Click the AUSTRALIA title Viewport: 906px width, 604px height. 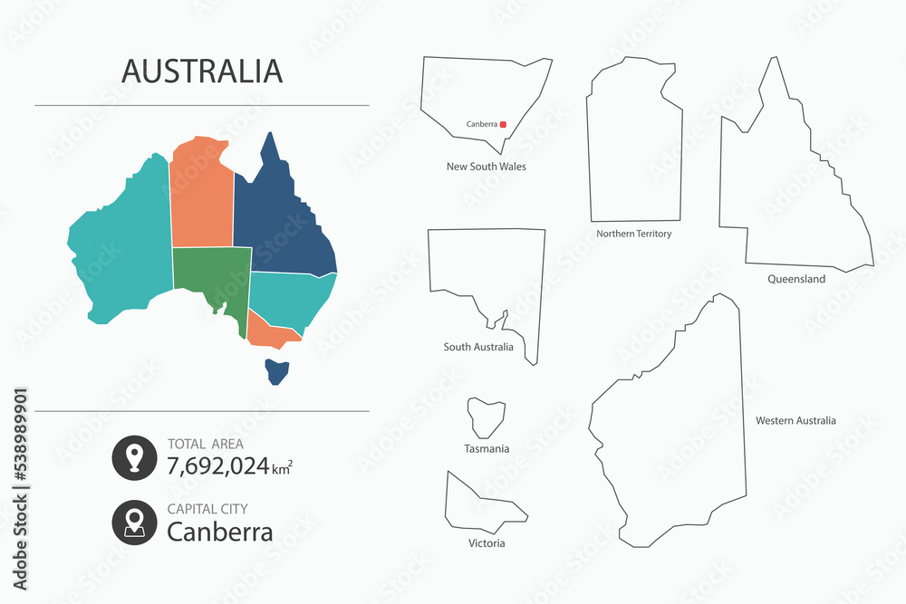(202, 70)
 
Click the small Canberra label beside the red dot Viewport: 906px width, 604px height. (481, 124)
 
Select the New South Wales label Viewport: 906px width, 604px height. (486, 167)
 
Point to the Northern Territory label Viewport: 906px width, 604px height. (633, 234)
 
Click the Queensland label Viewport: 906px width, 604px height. (795, 279)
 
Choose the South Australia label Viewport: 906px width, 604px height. (478, 347)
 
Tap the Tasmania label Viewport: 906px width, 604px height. (487, 448)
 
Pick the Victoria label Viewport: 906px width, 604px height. (487, 543)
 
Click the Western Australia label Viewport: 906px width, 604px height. (795, 420)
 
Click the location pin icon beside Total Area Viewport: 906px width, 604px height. (134, 458)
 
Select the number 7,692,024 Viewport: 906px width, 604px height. (218, 466)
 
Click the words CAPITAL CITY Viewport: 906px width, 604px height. (207, 509)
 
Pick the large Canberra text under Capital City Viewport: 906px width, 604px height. (219, 532)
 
